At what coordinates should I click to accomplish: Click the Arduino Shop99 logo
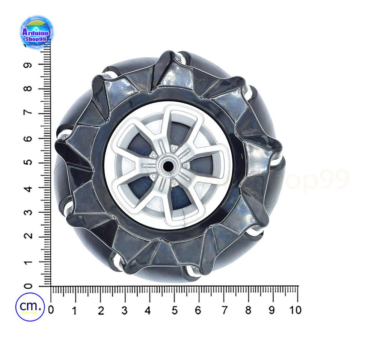pos(36,33)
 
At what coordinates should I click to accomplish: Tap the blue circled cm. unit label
pos(30,307)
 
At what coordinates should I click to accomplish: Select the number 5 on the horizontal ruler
pos(175,310)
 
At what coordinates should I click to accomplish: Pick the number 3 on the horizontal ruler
pos(125,310)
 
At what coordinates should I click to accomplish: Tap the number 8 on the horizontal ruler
pos(248,310)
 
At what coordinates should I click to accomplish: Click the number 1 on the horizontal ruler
pos(75,310)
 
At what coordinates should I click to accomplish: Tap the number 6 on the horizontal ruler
pos(198,310)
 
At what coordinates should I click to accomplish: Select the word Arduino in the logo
pos(36,31)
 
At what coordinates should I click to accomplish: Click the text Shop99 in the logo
pos(36,38)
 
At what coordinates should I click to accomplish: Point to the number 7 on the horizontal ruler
pos(224,310)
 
